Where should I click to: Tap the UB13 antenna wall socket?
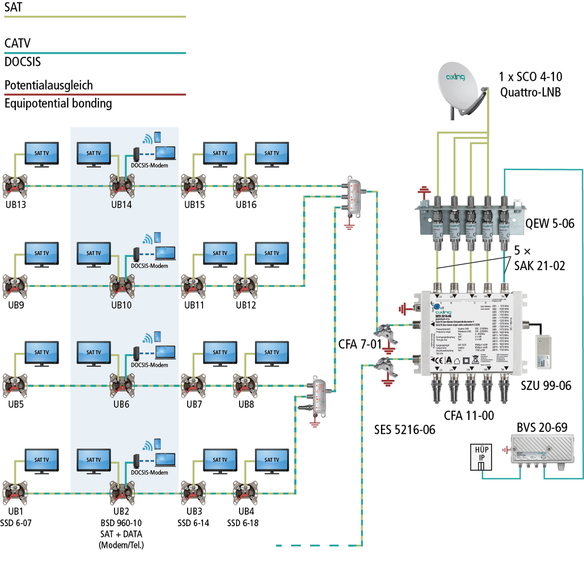point(15,186)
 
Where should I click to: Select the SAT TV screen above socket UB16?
point(272,154)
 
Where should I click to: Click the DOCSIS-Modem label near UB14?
point(150,166)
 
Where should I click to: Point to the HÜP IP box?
point(482,457)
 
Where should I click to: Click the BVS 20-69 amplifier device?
point(542,450)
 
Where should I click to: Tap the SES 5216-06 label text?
point(405,429)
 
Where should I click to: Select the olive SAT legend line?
point(95,17)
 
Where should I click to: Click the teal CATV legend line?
point(95,53)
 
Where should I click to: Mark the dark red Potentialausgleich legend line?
point(95,94)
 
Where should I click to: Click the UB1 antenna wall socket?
point(15,493)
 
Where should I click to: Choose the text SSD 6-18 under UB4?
point(243,523)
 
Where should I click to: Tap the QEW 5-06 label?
point(550,223)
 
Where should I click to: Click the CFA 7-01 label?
point(360,344)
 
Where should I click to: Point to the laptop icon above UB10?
point(165,253)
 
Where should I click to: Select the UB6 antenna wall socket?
point(122,385)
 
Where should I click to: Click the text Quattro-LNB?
point(531,92)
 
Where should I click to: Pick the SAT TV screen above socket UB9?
point(42,254)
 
